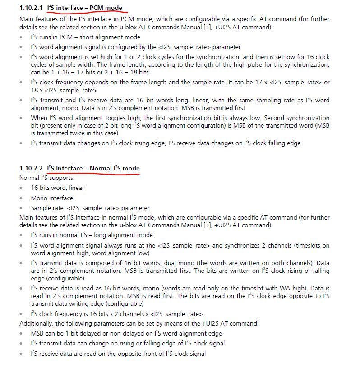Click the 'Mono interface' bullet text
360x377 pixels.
pos(51,198)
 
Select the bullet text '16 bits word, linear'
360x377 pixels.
pos(57,188)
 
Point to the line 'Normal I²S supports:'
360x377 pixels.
pos(46,178)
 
